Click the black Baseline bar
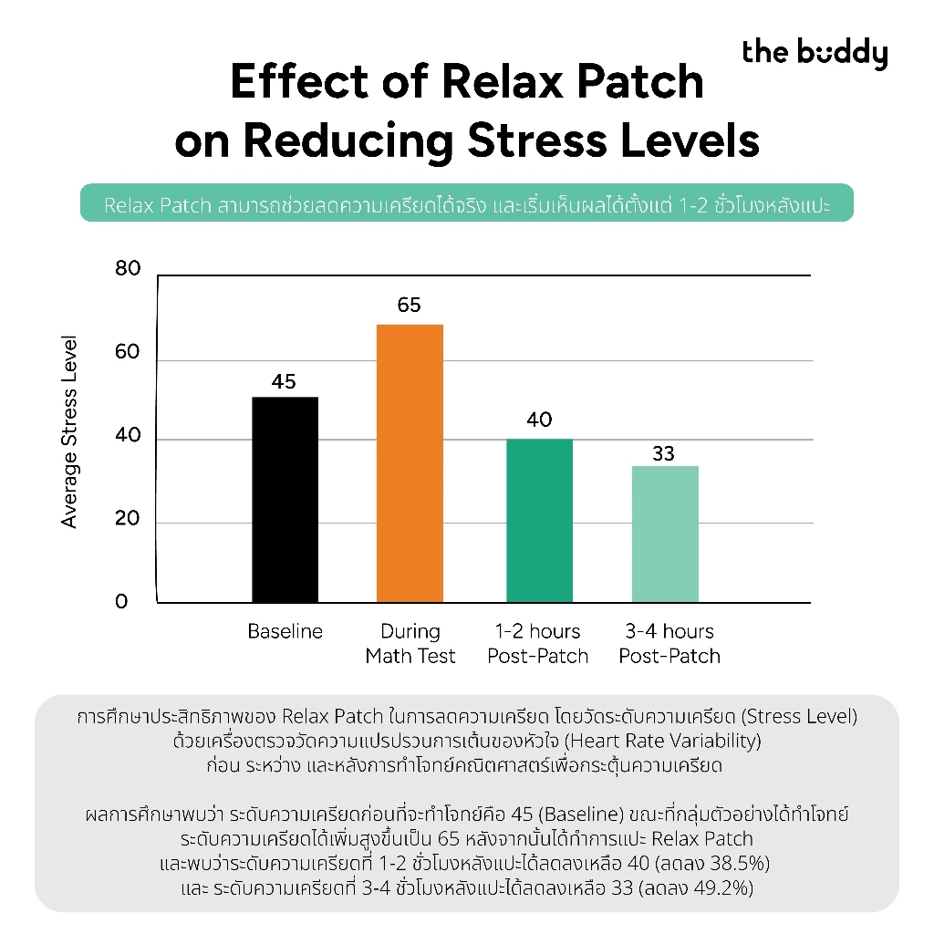click(x=285, y=500)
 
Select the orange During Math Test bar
click(x=410, y=463)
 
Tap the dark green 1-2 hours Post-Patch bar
click(x=540, y=521)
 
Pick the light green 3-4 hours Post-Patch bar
click(x=665, y=534)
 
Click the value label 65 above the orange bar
click(x=410, y=305)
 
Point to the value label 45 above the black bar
click(x=284, y=381)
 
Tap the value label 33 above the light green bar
click(x=664, y=454)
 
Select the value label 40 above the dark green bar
click(x=539, y=420)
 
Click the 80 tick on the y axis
click(x=128, y=269)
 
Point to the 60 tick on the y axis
click(x=128, y=352)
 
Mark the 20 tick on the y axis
click(x=128, y=518)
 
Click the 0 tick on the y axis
click(x=121, y=602)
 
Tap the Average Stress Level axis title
click(x=69, y=431)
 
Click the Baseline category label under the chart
click(x=285, y=631)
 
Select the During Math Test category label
click(x=410, y=644)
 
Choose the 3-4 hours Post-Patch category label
click(x=669, y=644)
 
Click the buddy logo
click(x=815, y=54)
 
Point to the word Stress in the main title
click(x=536, y=140)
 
